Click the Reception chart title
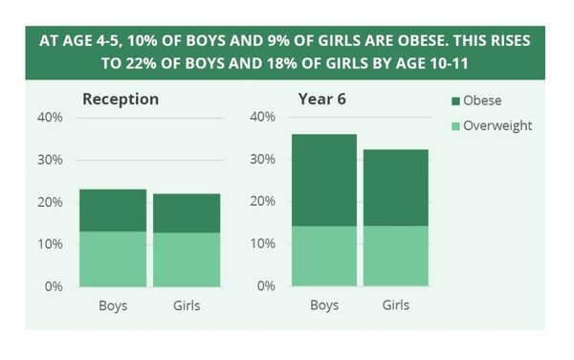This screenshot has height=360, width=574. (121, 99)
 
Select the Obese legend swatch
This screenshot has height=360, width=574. (454, 101)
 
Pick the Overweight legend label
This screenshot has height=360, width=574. (497, 125)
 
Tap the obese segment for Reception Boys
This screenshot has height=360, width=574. (112, 211)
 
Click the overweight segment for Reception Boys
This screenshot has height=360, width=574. (112, 259)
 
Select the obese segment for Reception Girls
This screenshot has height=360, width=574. (187, 214)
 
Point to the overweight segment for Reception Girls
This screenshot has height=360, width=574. (187, 259)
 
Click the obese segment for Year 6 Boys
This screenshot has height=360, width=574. (323, 180)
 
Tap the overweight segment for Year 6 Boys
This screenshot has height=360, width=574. (323, 256)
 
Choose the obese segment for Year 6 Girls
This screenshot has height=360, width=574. (395, 188)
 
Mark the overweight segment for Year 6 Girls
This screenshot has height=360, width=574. (395, 256)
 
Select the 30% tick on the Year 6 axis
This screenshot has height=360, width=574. (261, 160)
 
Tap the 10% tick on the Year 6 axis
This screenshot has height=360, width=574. (261, 244)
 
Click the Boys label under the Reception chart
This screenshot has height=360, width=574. (112, 305)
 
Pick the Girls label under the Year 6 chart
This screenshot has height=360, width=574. (395, 305)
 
